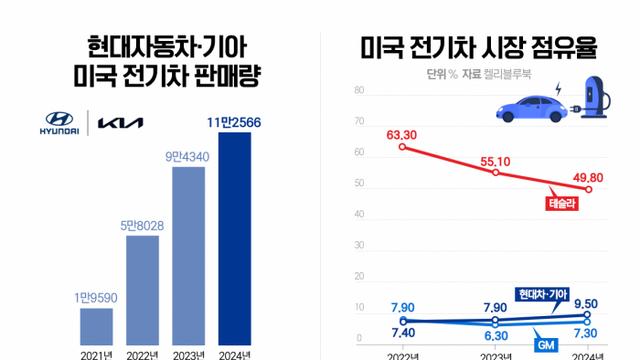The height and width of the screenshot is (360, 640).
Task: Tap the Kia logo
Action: [120, 123]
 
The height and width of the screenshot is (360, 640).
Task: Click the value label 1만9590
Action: [96, 297]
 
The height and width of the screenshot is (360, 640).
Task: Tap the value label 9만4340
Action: [189, 155]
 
